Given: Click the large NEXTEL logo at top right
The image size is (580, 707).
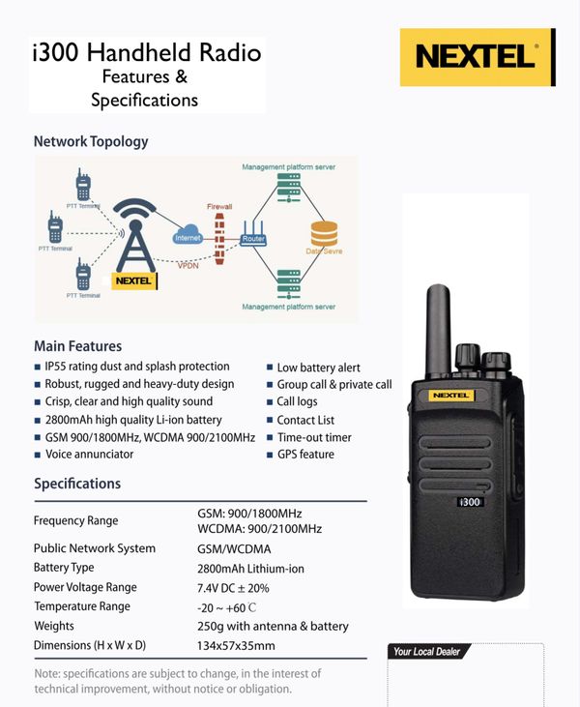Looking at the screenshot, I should click(x=478, y=56).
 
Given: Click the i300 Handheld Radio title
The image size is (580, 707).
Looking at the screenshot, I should click(x=146, y=53).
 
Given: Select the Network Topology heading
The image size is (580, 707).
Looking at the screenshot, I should click(x=91, y=141).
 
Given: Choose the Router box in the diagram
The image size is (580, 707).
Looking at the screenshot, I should click(x=253, y=238).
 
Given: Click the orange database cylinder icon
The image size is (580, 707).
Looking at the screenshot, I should click(x=323, y=235).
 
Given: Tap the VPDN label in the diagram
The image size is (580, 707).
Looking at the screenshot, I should click(x=189, y=264).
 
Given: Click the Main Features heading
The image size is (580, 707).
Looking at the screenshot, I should click(x=78, y=346).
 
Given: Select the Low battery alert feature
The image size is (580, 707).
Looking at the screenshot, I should click(x=318, y=368).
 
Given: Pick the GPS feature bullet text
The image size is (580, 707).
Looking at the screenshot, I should click(x=305, y=454).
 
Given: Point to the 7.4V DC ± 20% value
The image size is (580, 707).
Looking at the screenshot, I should click(x=233, y=587).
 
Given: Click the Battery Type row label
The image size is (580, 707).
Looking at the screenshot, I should click(x=64, y=568).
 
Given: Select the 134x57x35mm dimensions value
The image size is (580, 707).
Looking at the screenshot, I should click(x=236, y=645).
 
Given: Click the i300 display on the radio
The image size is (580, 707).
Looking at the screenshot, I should click(x=469, y=502).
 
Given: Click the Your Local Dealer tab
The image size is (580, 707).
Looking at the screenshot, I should click(x=426, y=652).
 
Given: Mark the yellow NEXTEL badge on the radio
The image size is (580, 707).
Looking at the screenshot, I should click(x=471, y=395).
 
